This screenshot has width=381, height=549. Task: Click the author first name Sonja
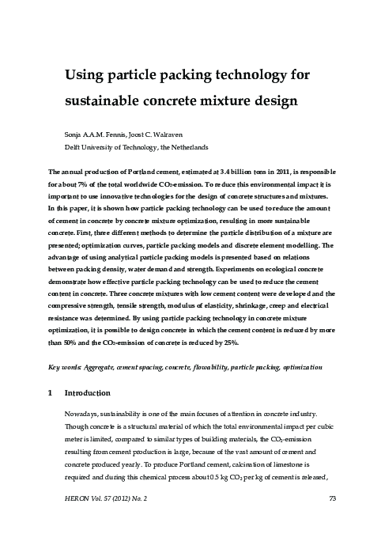pos(73,134)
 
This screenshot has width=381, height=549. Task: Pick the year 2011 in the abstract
pos(267,171)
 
